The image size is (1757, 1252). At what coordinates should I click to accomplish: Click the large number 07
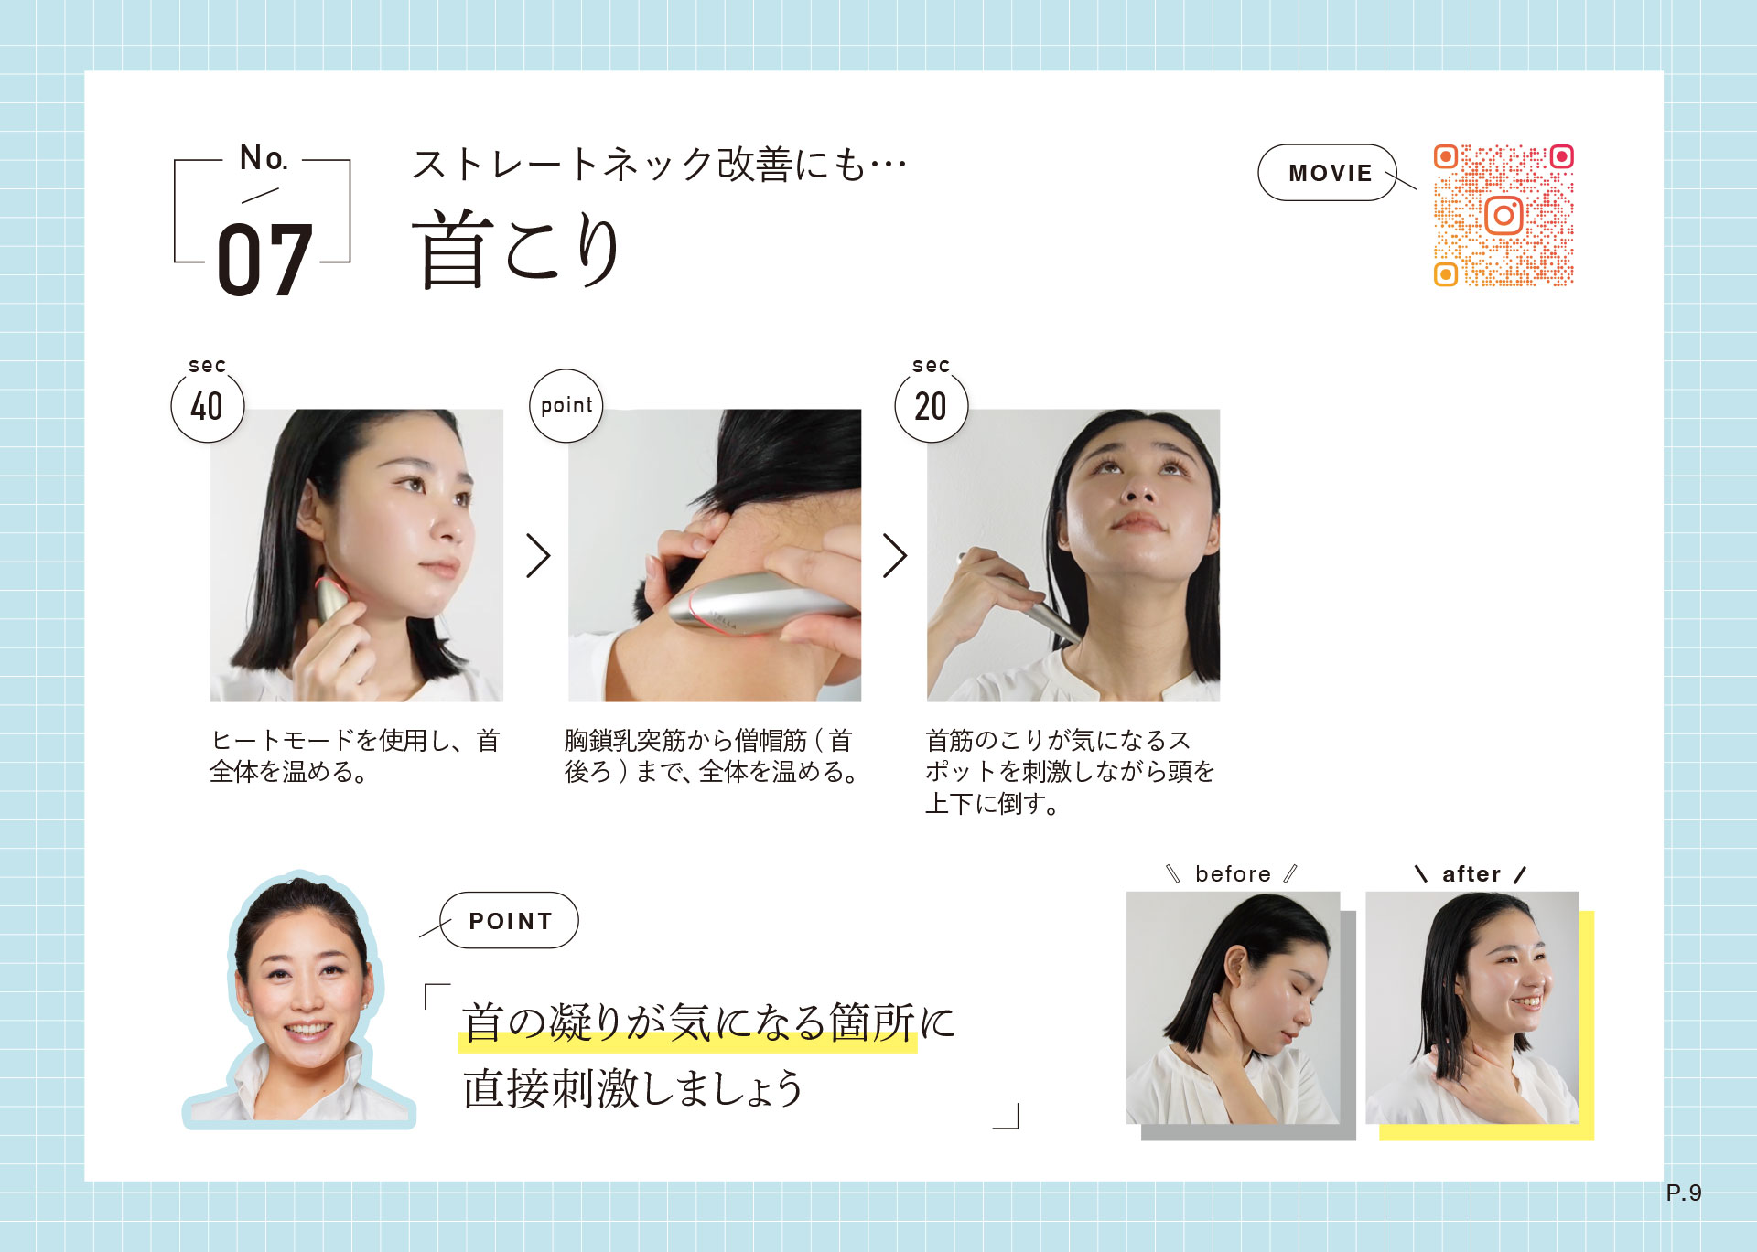[x=265, y=260]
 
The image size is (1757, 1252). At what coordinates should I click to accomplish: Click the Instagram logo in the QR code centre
[x=1504, y=216]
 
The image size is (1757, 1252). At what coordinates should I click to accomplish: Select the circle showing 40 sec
[x=208, y=406]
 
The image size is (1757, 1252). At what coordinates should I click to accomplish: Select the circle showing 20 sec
[x=931, y=406]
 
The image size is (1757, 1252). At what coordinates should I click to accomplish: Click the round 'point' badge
[x=566, y=406]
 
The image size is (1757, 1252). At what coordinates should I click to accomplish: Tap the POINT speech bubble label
[x=510, y=921]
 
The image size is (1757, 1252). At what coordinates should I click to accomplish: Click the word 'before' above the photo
[x=1233, y=874]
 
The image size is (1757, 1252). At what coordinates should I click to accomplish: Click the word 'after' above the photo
[x=1471, y=874]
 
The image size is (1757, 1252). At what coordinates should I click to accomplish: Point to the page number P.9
[x=1684, y=1193]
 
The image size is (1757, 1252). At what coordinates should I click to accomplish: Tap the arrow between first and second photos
[x=538, y=555]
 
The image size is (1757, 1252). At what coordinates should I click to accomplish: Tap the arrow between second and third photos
[x=895, y=555]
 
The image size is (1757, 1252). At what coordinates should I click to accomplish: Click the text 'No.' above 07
[x=264, y=158]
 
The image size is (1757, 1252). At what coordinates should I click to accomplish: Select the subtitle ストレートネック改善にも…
[x=659, y=165]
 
